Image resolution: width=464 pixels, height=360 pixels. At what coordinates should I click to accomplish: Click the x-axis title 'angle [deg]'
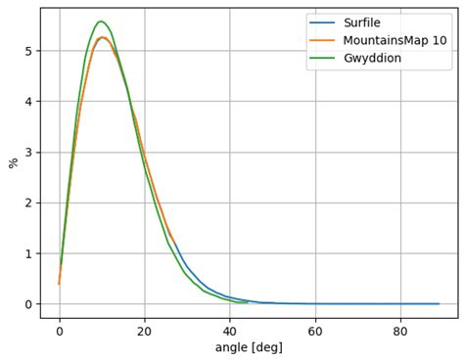click(x=249, y=347)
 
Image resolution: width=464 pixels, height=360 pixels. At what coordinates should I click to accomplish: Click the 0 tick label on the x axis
click(x=60, y=330)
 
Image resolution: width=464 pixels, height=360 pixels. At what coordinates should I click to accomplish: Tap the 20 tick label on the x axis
click(x=145, y=330)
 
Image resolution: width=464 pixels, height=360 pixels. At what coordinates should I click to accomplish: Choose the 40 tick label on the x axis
click(x=230, y=330)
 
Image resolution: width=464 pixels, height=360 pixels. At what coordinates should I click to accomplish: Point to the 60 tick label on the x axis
click(x=315, y=330)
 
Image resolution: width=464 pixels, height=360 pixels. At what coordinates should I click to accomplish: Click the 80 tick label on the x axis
click(x=400, y=330)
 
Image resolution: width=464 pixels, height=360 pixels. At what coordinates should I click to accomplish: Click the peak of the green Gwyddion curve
click(x=101, y=21)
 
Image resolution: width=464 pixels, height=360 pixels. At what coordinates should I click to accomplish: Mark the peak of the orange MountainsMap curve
click(x=103, y=37)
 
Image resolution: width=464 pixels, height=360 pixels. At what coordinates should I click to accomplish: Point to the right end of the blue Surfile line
click(x=439, y=303)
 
